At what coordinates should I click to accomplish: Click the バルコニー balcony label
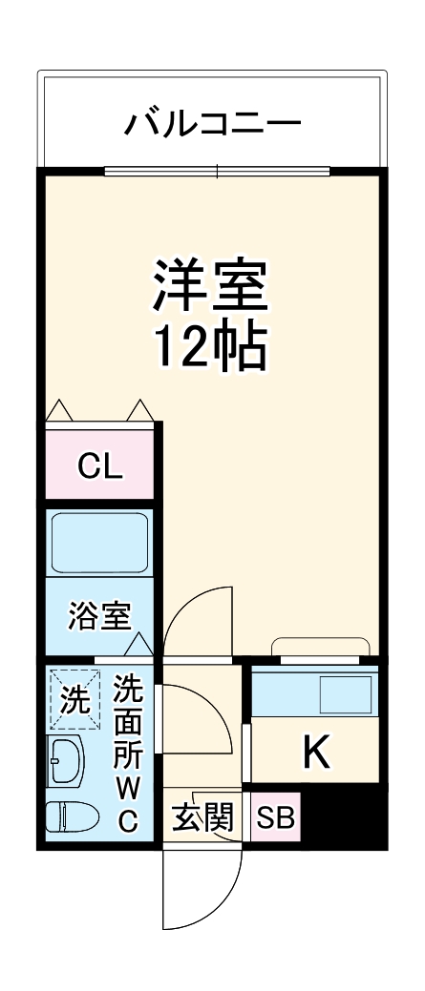[213, 123]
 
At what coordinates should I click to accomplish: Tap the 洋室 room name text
[212, 283]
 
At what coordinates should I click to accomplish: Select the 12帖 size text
[212, 349]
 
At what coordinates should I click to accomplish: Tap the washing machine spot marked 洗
[74, 700]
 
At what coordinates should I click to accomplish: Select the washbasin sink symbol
[66, 760]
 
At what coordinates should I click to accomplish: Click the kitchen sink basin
[347, 693]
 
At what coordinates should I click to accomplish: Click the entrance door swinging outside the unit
[201, 887]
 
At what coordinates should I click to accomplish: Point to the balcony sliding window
[218, 173]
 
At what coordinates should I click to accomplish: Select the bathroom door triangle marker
[140, 646]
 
